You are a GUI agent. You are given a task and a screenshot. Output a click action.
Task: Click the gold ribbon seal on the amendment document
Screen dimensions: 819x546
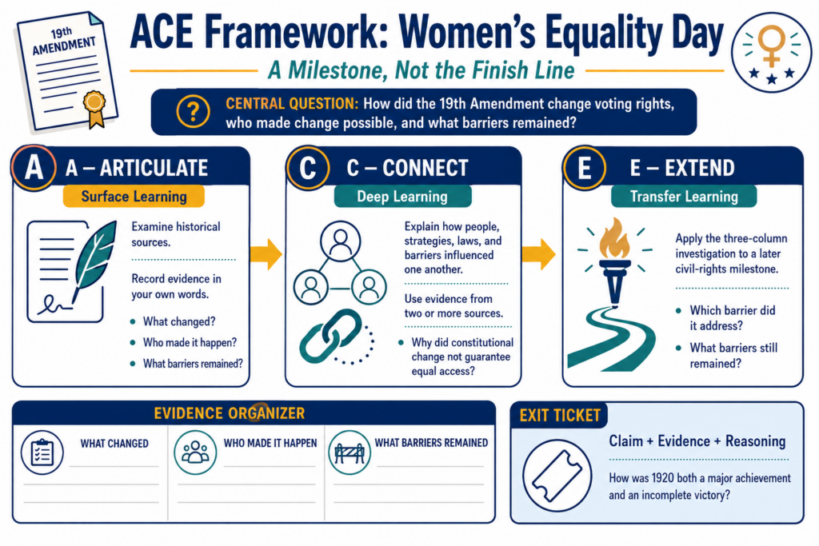pos(94,108)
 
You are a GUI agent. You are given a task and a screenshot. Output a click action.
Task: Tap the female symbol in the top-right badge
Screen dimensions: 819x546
pos(772,46)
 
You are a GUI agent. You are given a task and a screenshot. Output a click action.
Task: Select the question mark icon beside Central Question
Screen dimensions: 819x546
pos(193,112)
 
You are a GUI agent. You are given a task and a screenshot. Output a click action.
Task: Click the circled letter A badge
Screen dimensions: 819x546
pos(34,168)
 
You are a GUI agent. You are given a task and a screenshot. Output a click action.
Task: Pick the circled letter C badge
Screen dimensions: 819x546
pos(308,168)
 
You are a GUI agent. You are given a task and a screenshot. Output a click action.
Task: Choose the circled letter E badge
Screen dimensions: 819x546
pos(584,168)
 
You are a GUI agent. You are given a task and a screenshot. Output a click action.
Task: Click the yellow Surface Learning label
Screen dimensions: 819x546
pos(134,197)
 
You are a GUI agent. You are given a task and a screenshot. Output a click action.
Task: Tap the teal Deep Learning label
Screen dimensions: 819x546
pos(402,197)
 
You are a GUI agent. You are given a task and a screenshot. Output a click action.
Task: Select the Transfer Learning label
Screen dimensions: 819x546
pos(684,197)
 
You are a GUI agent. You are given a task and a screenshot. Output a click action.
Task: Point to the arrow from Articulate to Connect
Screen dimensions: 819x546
pos(266,254)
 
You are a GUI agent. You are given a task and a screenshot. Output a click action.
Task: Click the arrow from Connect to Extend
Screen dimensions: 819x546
pos(538,254)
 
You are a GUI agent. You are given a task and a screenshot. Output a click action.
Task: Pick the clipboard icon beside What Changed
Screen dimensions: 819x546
pos(42,452)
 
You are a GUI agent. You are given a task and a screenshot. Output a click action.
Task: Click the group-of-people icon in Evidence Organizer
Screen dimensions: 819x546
pos(195,452)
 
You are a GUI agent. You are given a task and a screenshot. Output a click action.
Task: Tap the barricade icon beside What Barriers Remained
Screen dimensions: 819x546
pos(350,452)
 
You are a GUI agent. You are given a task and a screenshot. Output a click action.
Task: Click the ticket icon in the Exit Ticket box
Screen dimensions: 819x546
pos(557,476)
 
